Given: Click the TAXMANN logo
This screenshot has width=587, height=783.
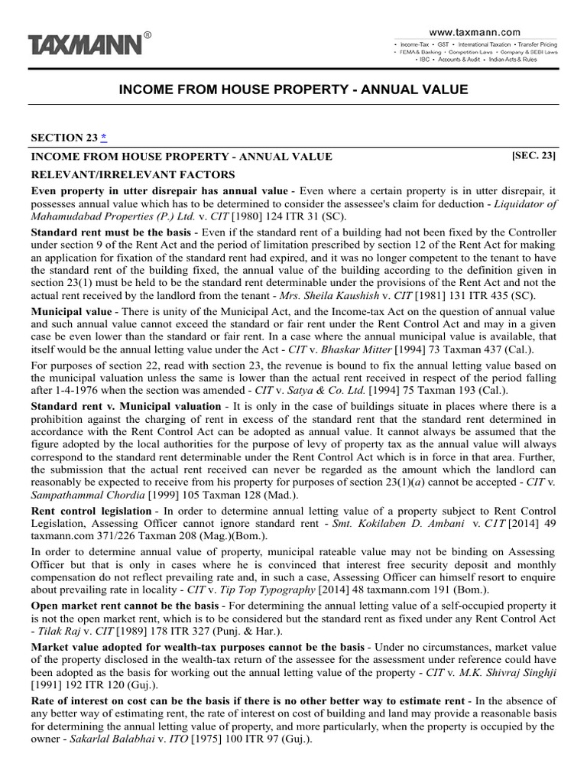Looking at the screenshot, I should (x=86, y=44).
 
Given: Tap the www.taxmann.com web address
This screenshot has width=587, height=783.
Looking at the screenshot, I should (x=474, y=32).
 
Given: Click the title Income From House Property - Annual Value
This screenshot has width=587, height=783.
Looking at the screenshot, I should (x=293, y=90).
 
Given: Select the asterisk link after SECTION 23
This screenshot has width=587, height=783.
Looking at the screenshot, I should (x=104, y=138).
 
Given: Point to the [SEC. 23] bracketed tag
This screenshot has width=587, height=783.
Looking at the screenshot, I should (x=533, y=156).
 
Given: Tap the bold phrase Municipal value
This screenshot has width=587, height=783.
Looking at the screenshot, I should (x=68, y=312).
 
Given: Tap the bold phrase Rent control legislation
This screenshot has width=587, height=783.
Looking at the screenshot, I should (x=91, y=511).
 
